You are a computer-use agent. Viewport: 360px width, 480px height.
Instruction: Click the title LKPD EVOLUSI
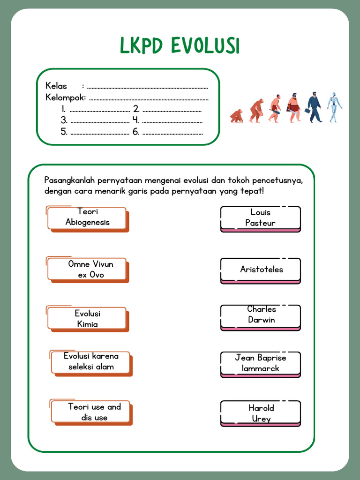click(x=180, y=46)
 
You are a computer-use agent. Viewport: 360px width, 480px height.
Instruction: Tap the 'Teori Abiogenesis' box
click(x=87, y=217)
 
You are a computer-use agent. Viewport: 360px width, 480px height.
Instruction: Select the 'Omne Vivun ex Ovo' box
click(x=87, y=269)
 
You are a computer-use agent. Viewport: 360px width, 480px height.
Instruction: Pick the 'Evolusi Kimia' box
click(x=87, y=319)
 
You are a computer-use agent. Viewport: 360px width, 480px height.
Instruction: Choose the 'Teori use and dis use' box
click(x=92, y=412)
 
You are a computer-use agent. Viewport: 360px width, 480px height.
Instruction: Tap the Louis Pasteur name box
click(x=260, y=218)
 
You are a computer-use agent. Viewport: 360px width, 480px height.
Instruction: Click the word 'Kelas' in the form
click(x=56, y=86)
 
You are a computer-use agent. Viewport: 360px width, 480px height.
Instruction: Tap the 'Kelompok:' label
click(x=66, y=97)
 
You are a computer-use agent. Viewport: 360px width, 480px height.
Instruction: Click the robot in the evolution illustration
click(x=334, y=107)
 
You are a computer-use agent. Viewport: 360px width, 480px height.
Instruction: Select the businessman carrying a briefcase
click(x=314, y=107)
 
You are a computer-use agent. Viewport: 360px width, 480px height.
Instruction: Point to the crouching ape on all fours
click(x=237, y=116)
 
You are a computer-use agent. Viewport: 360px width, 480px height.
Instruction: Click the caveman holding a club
click(x=275, y=109)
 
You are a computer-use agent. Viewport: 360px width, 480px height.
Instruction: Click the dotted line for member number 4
click(x=172, y=121)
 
